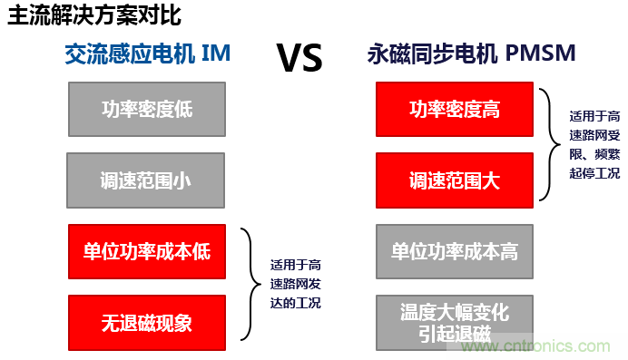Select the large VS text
tap(299, 58)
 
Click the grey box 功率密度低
tap(146, 111)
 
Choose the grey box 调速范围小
tap(146, 180)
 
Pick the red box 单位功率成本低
tap(146, 251)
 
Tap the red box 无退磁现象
tap(146, 321)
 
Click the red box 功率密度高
tap(454, 111)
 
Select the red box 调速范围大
tap(454, 180)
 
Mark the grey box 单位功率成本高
tap(454, 251)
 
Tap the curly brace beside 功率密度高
tap(548, 144)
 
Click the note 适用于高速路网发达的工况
tap(296, 285)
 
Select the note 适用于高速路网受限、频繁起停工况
tap(594, 144)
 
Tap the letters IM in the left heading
tap(218, 54)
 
